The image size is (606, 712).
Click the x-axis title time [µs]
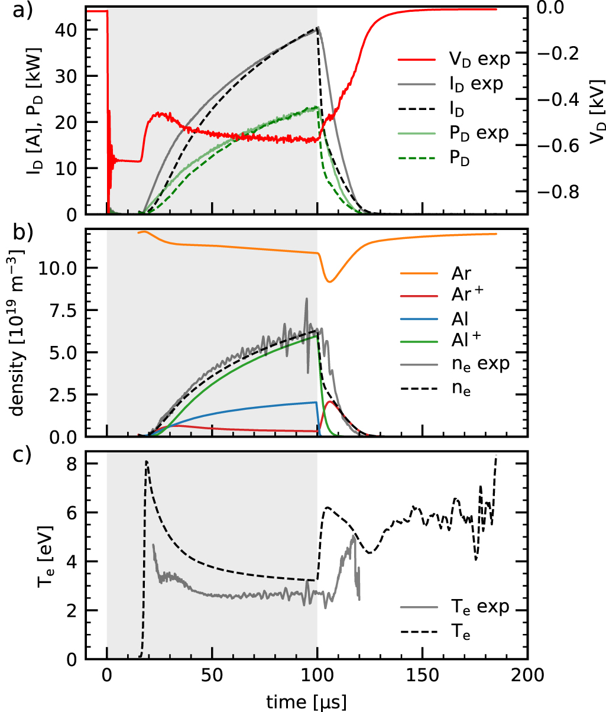click(306, 701)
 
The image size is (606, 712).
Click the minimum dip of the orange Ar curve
click(329, 281)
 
